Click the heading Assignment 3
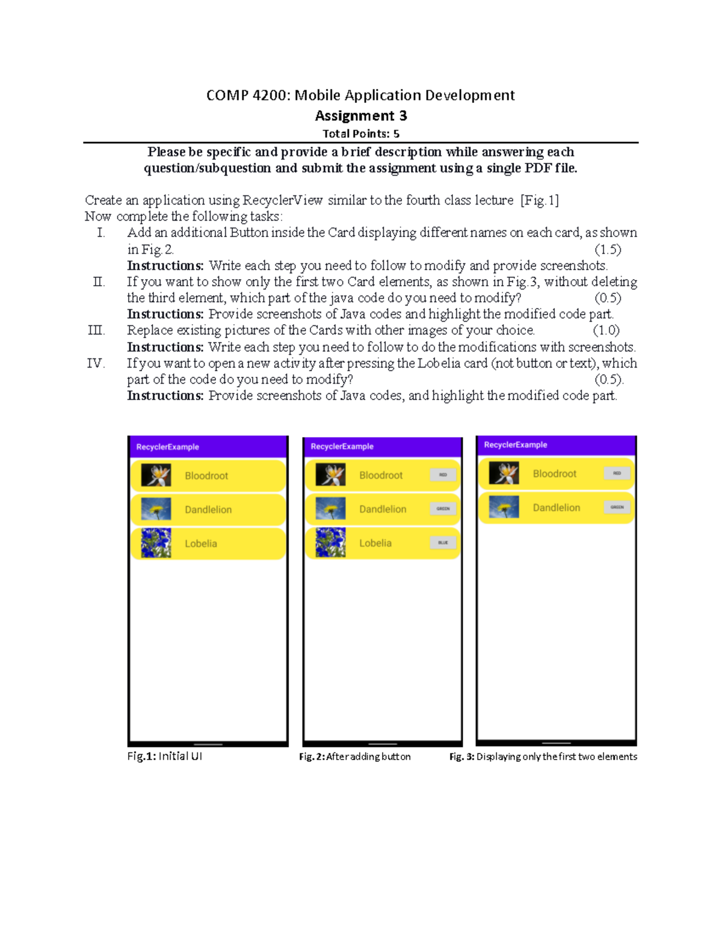pos(360,115)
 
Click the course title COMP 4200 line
pos(360,95)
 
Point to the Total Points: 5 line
pos(360,134)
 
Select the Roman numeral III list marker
pos(96,330)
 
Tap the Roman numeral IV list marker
pos(96,363)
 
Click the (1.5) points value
pos(608,249)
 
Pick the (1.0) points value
pos(606,330)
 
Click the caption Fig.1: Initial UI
pos(164,756)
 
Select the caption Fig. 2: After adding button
pos(354,757)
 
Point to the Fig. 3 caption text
pos(543,757)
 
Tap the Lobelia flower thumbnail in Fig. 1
pos(156,543)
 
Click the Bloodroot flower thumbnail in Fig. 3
pos(504,473)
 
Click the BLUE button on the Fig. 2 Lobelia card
pos(443,542)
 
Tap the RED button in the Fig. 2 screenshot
pos(443,475)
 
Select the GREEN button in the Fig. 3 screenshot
pos(617,507)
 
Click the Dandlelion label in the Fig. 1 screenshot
pos(208,509)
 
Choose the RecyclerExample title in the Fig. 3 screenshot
pos(516,445)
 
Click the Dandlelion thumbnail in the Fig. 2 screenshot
pos(330,509)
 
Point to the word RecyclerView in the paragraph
pos(282,200)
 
